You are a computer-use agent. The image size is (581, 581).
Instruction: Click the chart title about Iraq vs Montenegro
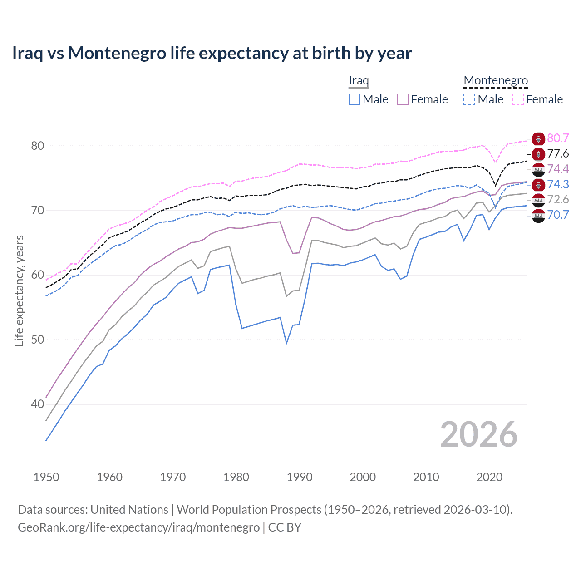tap(212, 53)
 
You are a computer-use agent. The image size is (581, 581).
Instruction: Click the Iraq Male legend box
tap(355, 99)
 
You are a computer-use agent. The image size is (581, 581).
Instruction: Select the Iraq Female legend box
tap(403, 99)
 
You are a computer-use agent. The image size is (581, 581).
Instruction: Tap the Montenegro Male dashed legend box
tap(469, 99)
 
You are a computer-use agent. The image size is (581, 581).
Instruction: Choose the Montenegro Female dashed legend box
tap(518, 99)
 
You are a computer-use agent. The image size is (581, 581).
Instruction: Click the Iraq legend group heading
tap(359, 81)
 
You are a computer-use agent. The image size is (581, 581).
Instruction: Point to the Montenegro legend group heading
tap(496, 81)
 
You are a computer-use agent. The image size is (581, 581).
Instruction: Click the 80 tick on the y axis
tap(38, 146)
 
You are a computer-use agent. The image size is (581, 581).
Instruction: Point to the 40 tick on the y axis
tap(38, 404)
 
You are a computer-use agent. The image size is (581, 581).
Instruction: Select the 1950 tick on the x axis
tap(46, 477)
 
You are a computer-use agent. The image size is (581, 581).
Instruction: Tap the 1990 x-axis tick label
tap(300, 477)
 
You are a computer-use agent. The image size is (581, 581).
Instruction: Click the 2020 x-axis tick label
tap(489, 477)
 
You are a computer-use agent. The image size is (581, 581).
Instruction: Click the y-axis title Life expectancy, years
tap(19, 290)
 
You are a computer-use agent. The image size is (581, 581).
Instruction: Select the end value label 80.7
tap(558, 138)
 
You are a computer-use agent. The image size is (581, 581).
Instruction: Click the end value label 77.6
tap(558, 153)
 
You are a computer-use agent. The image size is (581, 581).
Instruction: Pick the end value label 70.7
tap(558, 215)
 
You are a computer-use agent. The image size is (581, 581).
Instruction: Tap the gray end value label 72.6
tap(558, 199)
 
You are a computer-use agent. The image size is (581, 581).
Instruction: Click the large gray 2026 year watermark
tap(479, 434)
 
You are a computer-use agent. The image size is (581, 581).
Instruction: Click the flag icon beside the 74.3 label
tap(538, 185)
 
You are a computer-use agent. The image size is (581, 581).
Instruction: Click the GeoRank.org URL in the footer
tap(138, 527)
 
